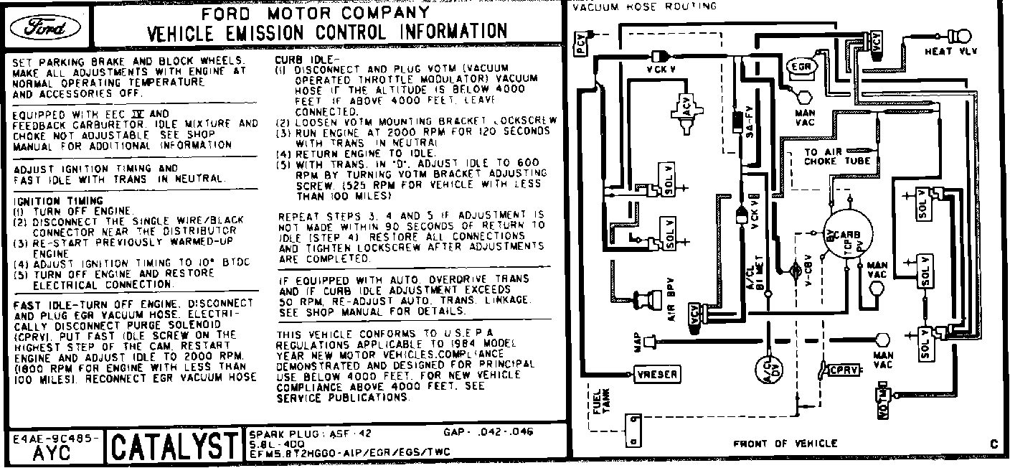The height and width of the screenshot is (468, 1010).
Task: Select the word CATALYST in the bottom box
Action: (x=171, y=447)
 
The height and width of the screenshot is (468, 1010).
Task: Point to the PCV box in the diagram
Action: (x=580, y=46)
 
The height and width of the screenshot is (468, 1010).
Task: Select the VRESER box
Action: (x=656, y=374)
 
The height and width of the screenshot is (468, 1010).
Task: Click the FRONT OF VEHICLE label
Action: (x=785, y=444)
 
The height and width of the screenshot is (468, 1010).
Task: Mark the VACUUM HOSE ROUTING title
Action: (x=644, y=6)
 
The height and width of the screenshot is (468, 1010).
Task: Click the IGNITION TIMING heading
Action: (x=58, y=200)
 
